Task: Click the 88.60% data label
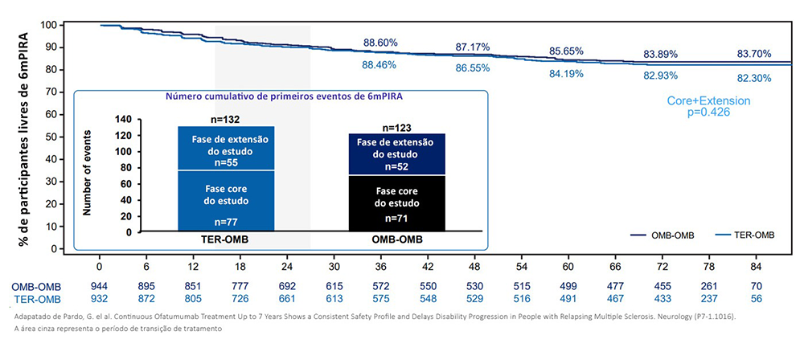[381, 42]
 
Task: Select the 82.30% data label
[754, 78]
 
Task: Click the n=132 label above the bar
[226, 119]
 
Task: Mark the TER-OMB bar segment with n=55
[226, 148]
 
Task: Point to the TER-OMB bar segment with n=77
[226, 201]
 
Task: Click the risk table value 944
[100, 287]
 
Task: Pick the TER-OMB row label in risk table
[35, 299]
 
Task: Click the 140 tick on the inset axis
[124, 119]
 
